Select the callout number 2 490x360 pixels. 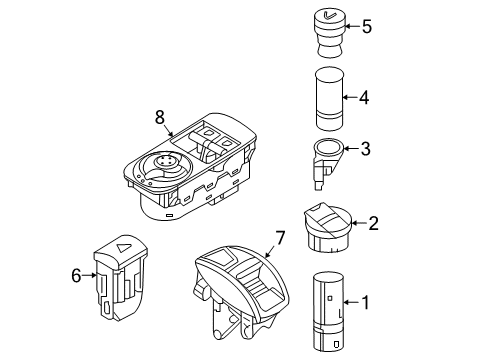point(373,224)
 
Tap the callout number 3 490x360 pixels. point(365,150)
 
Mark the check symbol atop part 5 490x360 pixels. point(330,14)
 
